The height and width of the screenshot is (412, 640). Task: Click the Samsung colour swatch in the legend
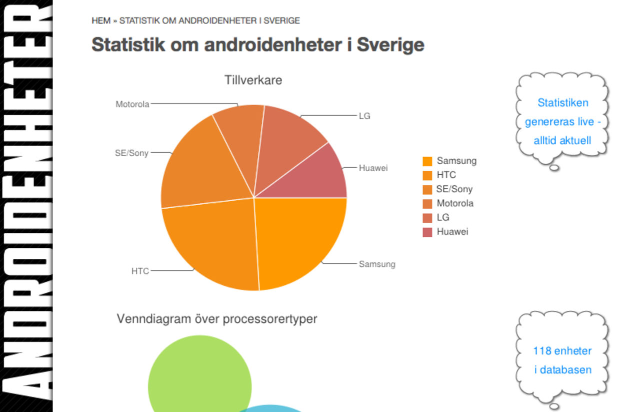427,161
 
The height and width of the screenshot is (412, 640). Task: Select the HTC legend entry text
446,175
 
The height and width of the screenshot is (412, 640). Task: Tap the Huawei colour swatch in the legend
427,232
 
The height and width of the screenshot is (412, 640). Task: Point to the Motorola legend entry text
454,203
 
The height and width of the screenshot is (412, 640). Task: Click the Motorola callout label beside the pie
132,105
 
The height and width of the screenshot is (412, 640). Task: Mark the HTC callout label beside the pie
140,271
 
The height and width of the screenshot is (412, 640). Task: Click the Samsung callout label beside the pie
377,264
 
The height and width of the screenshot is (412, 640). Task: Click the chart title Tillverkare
253,80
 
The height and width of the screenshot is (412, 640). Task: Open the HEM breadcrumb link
100,21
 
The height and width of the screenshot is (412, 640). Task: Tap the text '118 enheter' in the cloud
562,351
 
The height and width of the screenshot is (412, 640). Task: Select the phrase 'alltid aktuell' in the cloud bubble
562,141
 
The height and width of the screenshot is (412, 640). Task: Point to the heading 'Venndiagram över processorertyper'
216,319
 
